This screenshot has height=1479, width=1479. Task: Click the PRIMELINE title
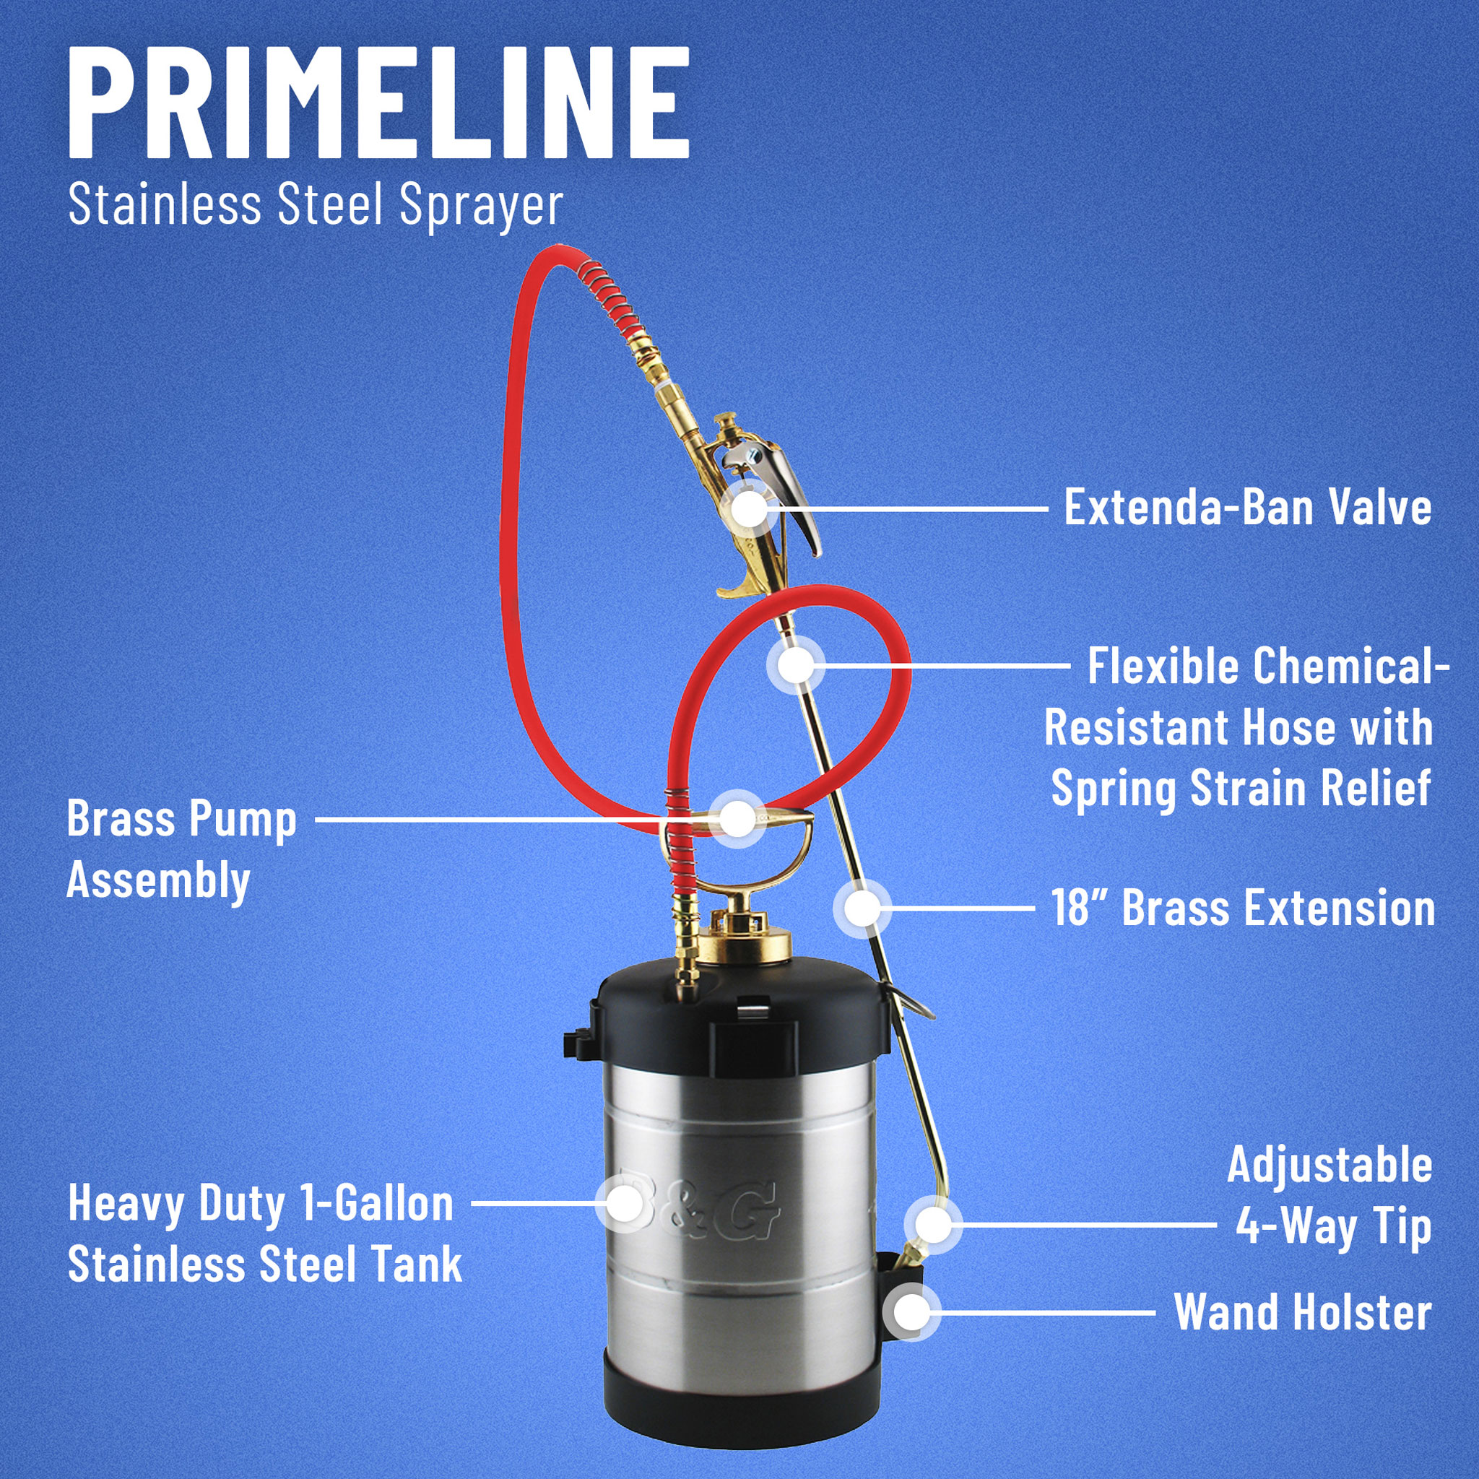pyautogui.click(x=379, y=103)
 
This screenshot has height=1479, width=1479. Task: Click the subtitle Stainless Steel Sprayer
pyautogui.click(x=316, y=206)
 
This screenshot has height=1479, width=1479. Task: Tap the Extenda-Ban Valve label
pyautogui.click(x=1247, y=508)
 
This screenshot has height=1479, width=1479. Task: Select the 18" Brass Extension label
pyautogui.click(x=1242, y=908)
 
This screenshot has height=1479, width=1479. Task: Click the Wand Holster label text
pyautogui.click(x=1302, y=1311)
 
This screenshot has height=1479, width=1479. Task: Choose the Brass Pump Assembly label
pyautogui.click(x=181, y=850)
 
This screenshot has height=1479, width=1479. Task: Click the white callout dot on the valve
pyautogui.click(x=750, y=508)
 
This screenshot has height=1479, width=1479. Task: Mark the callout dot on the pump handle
pyautogui.click(x=737, y=819)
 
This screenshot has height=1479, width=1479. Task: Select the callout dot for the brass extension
pyautogui.click(x=863, y=908)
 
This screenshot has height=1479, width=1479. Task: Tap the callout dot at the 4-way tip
pyautogui.click(x=932, y=1224)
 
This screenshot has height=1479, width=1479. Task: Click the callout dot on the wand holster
pyautogui.click(x=911, y=1312)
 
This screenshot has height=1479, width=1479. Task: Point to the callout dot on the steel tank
pyautogui.click(x=625, y=1203)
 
